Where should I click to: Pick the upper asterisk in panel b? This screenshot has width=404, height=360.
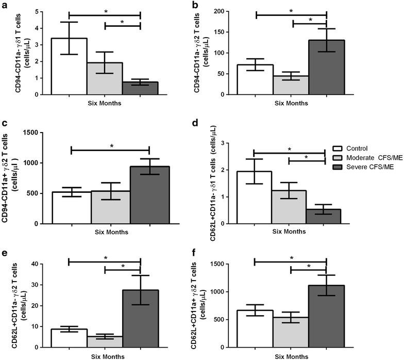(291, 11)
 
